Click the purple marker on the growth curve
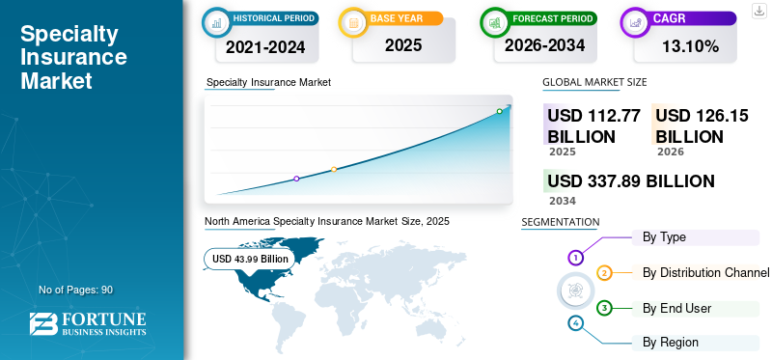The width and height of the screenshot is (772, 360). coord(296,179)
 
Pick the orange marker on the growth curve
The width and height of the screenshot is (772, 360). coord(334,170)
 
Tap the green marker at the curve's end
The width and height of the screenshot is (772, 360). coord(500,112)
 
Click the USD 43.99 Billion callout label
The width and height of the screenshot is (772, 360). coord(250,259)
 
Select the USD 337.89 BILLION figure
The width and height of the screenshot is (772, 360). coord(631,180)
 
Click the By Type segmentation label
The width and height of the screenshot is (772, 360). coord(664,236)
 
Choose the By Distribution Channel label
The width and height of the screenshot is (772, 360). coord(705,272)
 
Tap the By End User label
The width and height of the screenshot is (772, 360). coord(676,308)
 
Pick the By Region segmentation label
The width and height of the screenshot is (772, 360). coord(671,342)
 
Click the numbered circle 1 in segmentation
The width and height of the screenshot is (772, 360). coord(576,258)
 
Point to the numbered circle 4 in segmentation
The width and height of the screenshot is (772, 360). coord(576,322)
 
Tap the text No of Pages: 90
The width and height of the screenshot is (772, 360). coord(76,290)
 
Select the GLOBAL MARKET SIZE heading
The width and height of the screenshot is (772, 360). coord(594,83)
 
